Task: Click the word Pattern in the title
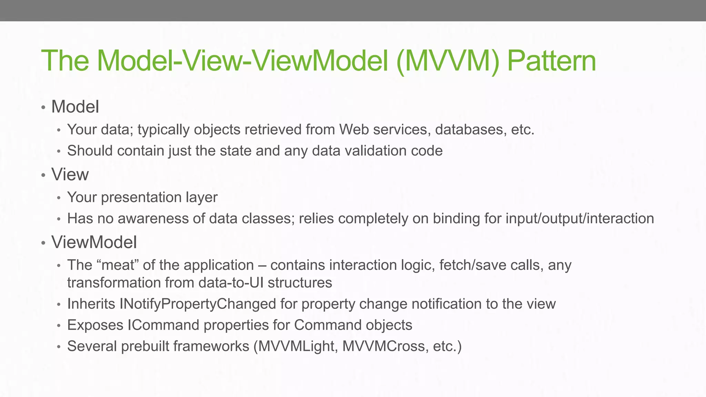(552, 61)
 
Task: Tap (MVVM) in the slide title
(447, 61)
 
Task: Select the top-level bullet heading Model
(75, 106)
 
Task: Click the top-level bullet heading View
(70, 174)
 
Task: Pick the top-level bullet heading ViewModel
(94, 242)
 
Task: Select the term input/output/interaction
(579, 218)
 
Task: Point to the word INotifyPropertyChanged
(198, 304)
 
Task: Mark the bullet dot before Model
(43, 107)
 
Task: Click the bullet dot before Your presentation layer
(59, 198)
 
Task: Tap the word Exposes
(95, 325)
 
